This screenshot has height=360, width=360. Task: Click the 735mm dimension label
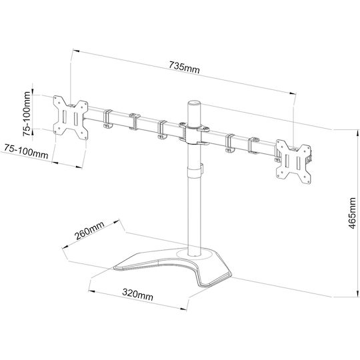185,67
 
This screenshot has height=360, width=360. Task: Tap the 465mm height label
352,213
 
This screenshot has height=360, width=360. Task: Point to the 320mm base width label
137,295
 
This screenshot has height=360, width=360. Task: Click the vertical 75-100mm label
27,113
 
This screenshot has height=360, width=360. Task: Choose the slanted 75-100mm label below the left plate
25,151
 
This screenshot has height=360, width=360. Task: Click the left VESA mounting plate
71,117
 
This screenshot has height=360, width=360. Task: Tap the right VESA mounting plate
293,161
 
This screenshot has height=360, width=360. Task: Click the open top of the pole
194,103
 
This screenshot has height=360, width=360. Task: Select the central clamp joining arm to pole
194,135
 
